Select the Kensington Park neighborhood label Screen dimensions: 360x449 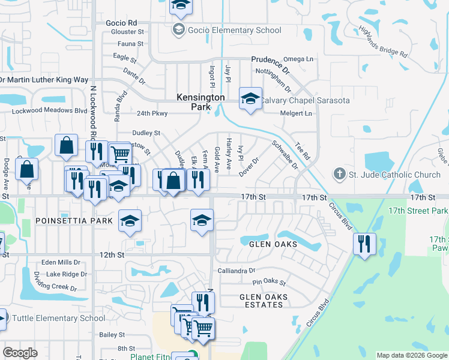pyautogui.click(x=200, y=102)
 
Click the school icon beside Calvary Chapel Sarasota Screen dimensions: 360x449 pyautogui.click(x=250, y=98)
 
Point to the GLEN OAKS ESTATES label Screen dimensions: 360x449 pyautogui.click(x=264, y=301)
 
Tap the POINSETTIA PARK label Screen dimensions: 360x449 pyautogui.click(x=74, y=221)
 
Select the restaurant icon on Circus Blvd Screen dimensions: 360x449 pyautogui.click(x=364, y=244)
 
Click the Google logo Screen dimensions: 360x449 pyautogui.click(x=20, y=352)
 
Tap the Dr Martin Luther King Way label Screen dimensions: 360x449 pyautogui.click(x=44, y=80)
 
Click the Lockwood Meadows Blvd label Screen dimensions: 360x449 pyautogui.click(x=50, y=110)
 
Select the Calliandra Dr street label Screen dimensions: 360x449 pyautogui.click(x=237, y=271)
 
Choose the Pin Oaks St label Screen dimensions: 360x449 pyautogui.click(x=269, y=282)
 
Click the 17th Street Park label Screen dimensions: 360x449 pyautogui.click(x=418, y=211)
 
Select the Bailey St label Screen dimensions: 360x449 pyautogui.click(x=112, y=334)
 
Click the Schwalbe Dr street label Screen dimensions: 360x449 pyautogui.click(x=285, y=154)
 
